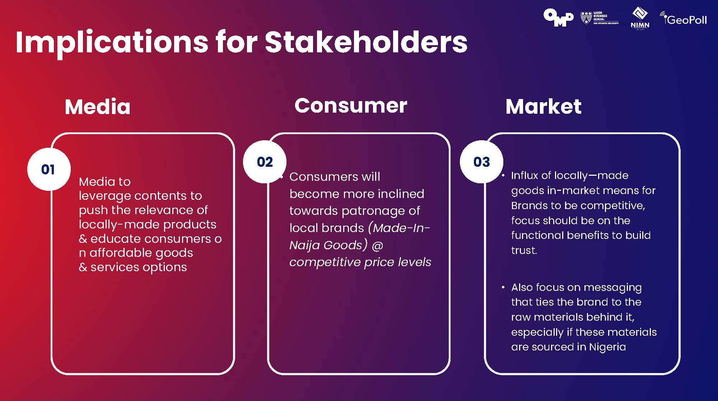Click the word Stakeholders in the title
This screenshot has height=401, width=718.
coord(366,42)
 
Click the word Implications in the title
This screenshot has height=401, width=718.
coord(112,43)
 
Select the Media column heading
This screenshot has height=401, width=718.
coord(98,107)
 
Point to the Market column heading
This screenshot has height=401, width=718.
coord(543,107)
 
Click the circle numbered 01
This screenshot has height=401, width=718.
coord(48,169)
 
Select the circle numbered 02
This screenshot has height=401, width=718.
coord(265,162)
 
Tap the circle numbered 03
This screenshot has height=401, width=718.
coord(481,162)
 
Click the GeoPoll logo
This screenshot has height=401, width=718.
coord(684,19)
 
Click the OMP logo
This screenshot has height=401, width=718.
coord(558,18)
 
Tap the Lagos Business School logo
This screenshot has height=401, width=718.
coord(599,18)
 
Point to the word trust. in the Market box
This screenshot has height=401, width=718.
coord(524,250)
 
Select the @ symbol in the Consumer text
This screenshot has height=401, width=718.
coord(377,245)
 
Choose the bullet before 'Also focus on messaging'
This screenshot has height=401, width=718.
coord(503,287)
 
